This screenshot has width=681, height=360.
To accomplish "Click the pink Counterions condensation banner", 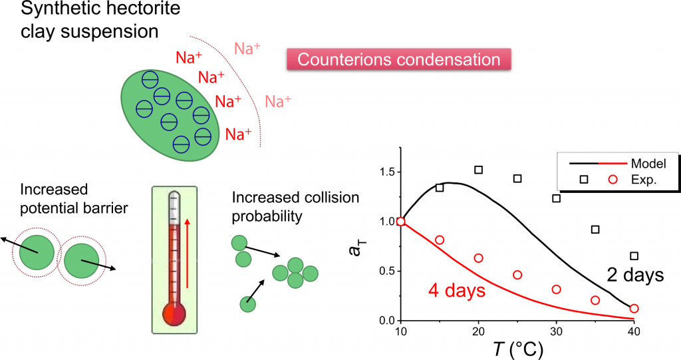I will tap(398, 59).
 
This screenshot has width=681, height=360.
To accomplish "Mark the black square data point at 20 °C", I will tap(478, 170).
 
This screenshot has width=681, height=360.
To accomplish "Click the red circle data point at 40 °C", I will tap(634, 308).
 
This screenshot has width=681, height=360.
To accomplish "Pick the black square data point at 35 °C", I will tap(595, 230).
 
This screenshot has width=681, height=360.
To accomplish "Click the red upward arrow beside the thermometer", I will tap(188, 253).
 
